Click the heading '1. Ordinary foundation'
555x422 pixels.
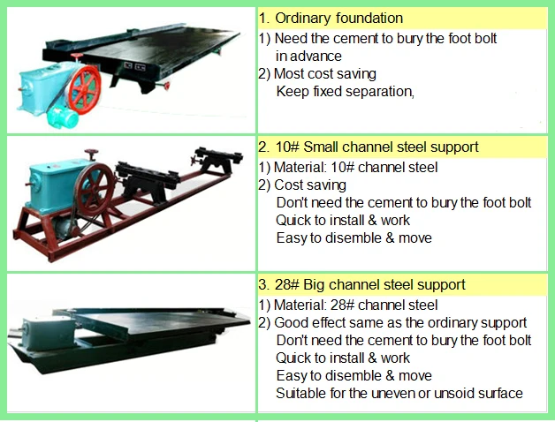[331, 18]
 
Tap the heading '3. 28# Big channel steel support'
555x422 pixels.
[361, 285]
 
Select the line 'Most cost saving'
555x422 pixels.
[317, 73]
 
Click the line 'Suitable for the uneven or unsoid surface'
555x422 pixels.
[399, 393]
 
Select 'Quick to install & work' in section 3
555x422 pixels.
[343, 358]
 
